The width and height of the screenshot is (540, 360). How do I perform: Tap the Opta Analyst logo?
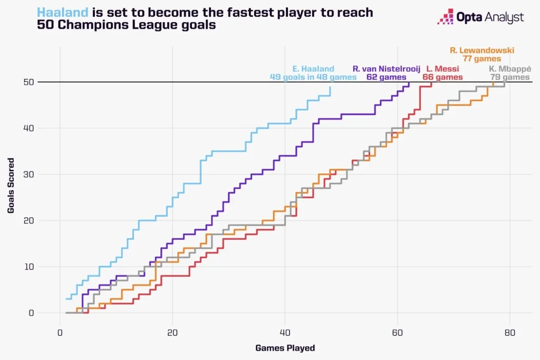480,17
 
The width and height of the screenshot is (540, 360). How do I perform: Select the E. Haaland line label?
313,69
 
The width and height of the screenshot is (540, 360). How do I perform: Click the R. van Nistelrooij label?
386,69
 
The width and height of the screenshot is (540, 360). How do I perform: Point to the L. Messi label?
442,69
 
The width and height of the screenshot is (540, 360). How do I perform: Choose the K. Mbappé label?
510,69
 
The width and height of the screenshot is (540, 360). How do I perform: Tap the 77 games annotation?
482,59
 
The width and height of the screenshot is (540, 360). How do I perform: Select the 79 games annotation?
510,77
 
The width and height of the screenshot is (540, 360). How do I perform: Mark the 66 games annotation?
442,77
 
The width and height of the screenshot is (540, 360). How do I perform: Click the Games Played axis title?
285,348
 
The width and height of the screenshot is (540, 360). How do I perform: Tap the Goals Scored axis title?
11,186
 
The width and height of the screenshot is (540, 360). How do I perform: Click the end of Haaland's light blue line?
330,87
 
